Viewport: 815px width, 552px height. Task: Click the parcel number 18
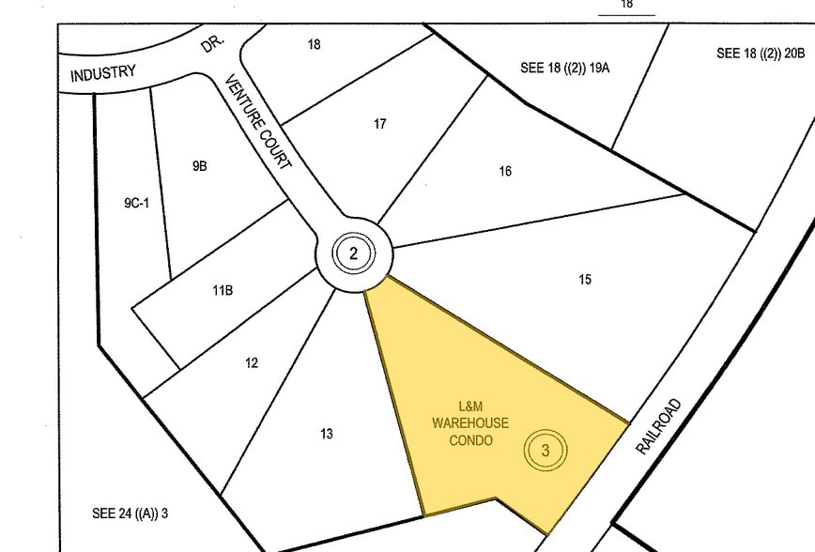point(314,44)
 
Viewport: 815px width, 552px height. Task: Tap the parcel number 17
point(379,124)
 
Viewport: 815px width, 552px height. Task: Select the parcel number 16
point(505,171)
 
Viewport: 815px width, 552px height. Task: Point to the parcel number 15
point(585,280)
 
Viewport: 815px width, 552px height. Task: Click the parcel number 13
point(326,434)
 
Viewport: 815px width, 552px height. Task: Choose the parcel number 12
point(252,363)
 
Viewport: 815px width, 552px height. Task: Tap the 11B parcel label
point(223,290)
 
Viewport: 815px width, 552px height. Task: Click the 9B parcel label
point(199,166)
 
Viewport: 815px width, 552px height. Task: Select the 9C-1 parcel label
point(136,202)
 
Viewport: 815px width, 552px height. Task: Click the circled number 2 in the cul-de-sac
point(353,253)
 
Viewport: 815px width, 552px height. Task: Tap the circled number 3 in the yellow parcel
point(546,451)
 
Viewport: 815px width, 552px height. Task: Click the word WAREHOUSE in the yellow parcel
point(470,423)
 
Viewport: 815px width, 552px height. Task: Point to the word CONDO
point(470,440)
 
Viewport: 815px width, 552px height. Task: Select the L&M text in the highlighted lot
point(471,406)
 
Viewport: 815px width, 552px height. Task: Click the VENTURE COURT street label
point(258,124)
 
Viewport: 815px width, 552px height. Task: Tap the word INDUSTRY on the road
point(103,73)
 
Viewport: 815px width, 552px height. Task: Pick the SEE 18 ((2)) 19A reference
point(565,68)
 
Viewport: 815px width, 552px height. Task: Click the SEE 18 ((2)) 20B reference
point(761,54)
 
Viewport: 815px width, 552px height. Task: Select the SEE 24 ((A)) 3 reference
point(130,514)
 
